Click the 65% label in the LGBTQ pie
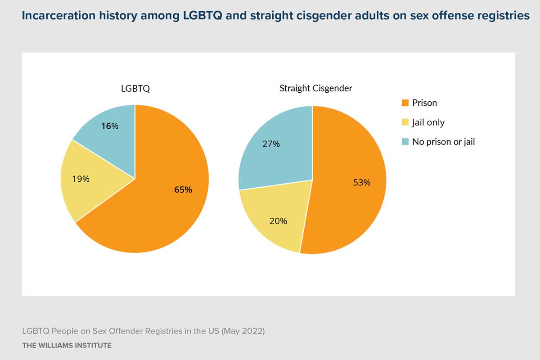click(183, 190)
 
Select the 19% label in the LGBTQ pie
click(81, 179)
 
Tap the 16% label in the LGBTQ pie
click(110, 126)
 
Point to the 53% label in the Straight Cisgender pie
click(362, 183)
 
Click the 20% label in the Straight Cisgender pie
click(278, 221)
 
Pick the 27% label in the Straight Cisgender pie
click(271, 144)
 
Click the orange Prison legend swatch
click(405, 103)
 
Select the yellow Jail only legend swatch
click(405, 122)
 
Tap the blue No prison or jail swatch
click(405, 142)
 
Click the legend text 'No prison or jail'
click(444, 142)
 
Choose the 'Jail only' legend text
click(428, 122)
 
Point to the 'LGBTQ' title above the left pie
click(135, 89)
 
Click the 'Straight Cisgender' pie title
click(315, 88)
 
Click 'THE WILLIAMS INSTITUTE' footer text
click(67, 346)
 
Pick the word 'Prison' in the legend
click(424, 103)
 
